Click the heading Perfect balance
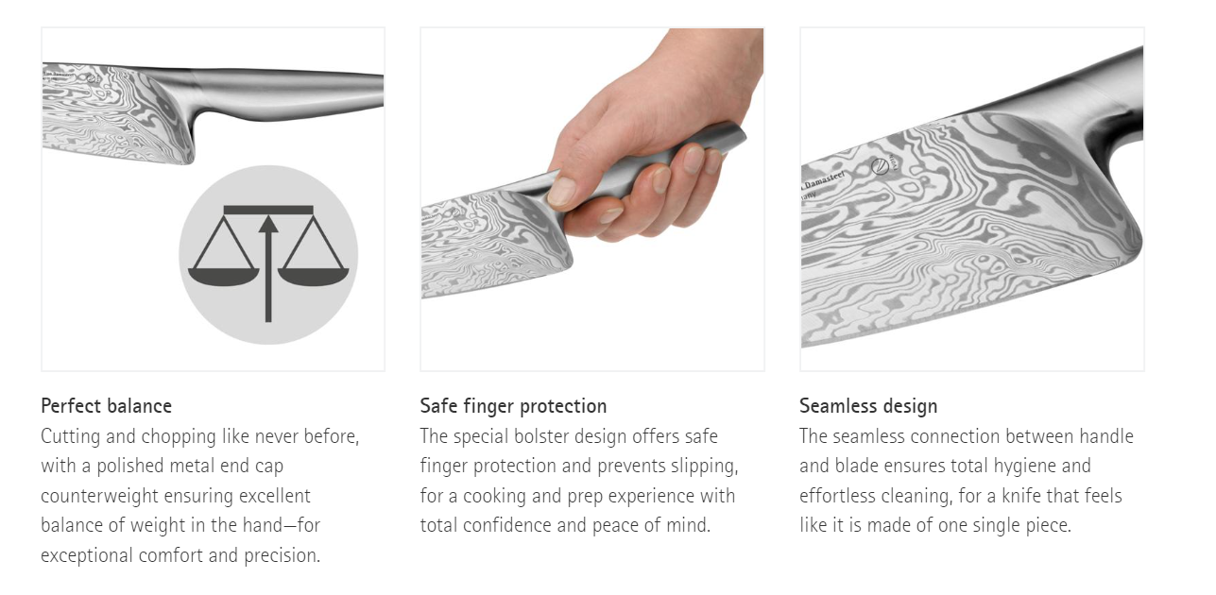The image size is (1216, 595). click(x=107, y=406)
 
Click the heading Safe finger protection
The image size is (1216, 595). click(x=513, y=406)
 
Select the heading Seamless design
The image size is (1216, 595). click(x=868, y=406)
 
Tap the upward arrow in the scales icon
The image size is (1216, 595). click(x=268, y=268)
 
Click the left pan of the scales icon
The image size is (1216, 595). click(x=223, y=276)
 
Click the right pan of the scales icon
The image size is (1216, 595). click(x=314, y=276)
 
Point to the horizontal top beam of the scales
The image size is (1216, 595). click(x=268, y=210)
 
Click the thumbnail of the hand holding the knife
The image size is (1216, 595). click(x=592, y=199)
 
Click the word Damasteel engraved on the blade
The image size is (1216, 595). click(x=824, y=180)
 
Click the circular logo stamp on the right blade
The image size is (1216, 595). click(x=880, y=166)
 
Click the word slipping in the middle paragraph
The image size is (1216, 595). click(x=704, y=467)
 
